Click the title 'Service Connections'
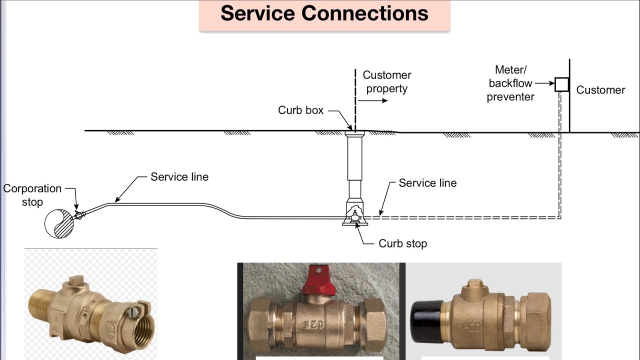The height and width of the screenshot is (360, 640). coord(324,13)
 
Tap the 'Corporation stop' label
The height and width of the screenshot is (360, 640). coord(32,195)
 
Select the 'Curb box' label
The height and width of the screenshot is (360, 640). coord(301,110)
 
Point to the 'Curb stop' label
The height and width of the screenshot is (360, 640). coord(402,244)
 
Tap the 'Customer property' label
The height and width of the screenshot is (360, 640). coord(386,82)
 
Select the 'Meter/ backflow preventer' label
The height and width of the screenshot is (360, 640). coord(510,83)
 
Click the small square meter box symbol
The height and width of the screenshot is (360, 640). coord(561,84)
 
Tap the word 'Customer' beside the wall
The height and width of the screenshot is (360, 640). coord(600,90)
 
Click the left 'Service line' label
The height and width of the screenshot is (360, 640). coord(179,177)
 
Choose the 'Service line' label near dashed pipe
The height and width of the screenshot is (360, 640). coord(427,183)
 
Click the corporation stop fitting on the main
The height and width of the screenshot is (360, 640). coord(78,216)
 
